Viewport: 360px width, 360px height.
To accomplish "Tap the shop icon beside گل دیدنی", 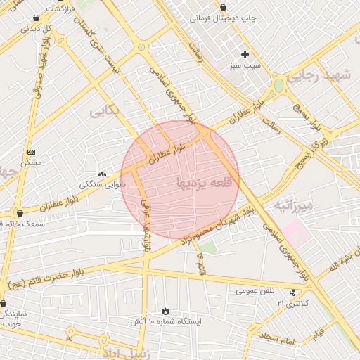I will click(37, 18).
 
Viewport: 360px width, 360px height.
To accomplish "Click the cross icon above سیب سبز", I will click(245, 54).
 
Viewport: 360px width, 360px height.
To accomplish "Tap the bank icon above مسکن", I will click(31, 152).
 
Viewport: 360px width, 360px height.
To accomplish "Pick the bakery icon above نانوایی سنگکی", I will click(103, 174).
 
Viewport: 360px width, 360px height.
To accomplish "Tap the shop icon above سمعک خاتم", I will click(19, 213).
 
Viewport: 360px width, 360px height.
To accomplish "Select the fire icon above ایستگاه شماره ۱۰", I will click(165, 311).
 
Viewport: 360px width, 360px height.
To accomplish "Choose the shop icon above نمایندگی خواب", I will click(4, 304).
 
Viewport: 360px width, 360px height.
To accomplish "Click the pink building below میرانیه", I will click(296, 233).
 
